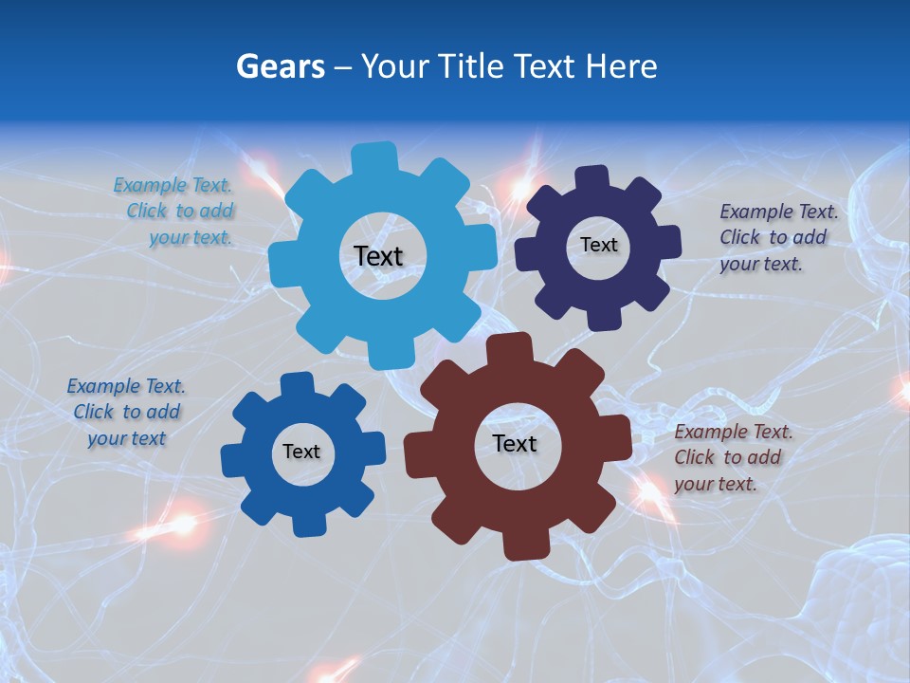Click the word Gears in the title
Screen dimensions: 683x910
click(280, 66)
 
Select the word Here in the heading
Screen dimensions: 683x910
click(622, 66)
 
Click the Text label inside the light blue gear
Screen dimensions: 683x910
click(378, 256)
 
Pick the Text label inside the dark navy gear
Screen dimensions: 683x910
click(598, 245)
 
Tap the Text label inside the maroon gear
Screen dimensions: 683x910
click(515, 444)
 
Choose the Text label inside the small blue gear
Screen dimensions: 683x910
click(301, 452)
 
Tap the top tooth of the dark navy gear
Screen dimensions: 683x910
click(592, 178)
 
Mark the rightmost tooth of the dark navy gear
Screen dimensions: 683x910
click(668, 242)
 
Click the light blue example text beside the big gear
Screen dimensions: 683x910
click(174, 212)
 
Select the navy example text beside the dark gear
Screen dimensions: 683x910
click(777, 237)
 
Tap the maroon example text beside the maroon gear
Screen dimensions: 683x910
click(732, 458)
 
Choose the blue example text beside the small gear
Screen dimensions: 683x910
click(126, 413)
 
